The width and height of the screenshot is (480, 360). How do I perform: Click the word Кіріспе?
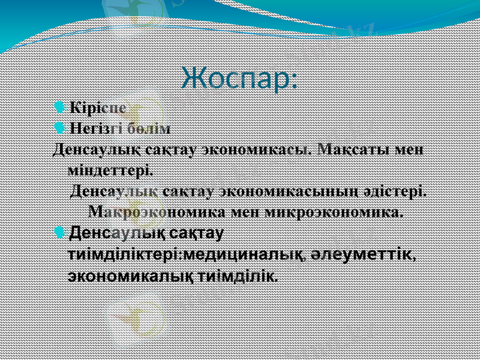pos(97,109)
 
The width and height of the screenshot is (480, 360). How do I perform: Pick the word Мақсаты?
pos(357,148)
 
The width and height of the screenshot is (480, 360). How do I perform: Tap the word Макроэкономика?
pos(155,212)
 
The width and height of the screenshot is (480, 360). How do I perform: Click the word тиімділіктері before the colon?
pos(123,254)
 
